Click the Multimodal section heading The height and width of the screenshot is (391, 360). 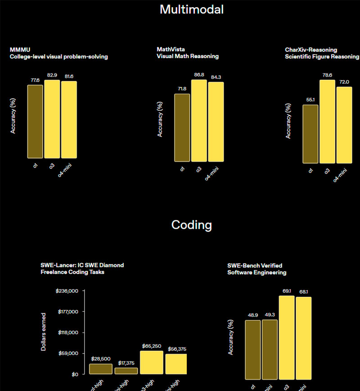click(x=191, y=9)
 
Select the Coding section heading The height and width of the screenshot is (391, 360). click(x=191, y=225)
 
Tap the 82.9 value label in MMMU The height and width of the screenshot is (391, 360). click(x=52, y=74)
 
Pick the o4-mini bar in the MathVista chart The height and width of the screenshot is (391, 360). click(x=216, y=121)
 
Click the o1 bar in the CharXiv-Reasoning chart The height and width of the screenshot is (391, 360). click(x=310, y=134)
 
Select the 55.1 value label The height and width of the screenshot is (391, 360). click(x=310, y=99)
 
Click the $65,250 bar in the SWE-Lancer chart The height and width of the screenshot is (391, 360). click(x=151, y=362)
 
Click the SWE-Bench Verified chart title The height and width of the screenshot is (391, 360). click(x=255, y=265)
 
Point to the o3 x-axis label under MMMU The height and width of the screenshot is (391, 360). click(x=52, y=168)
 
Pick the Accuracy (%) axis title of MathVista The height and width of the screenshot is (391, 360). click(x=160, y=119)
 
